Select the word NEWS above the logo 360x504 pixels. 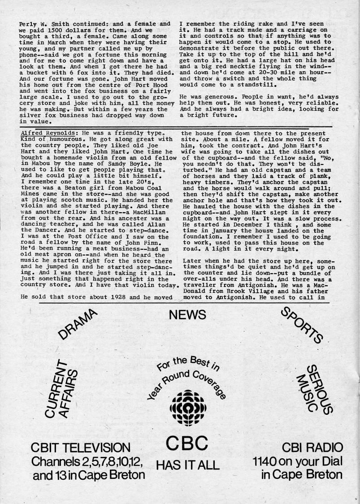(187, 315)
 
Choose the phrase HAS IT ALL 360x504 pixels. (187, 465)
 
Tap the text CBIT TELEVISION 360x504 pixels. (81, 448)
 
